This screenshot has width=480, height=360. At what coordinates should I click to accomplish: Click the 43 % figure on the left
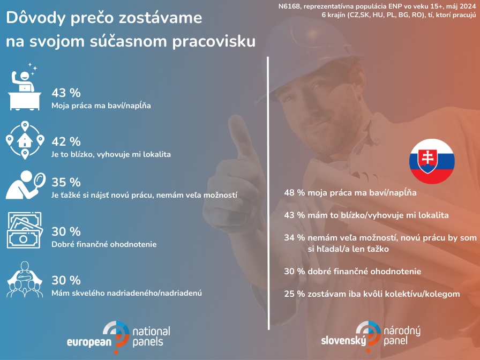pyautogui.click(x=66, y=93)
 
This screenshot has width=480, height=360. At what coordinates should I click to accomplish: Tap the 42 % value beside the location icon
pyautogui.click(x=66, y=141)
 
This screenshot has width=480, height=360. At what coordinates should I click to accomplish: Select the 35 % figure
pyautogui.click(x=66, y=182)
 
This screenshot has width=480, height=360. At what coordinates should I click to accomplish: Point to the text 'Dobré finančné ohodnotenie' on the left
pyautogui.click(x=104, y=244)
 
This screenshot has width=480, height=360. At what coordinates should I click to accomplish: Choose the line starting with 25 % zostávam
pyautogui.click(x=372, y=294)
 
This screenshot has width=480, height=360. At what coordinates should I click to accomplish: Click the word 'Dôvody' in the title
pyautogui.click(x=36, y=18)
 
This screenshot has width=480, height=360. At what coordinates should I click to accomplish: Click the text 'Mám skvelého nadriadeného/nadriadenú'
pyautogui.click(x=126, y=292)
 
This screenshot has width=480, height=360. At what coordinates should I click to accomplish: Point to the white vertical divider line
pyautogui.click(x=268, y=193)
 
